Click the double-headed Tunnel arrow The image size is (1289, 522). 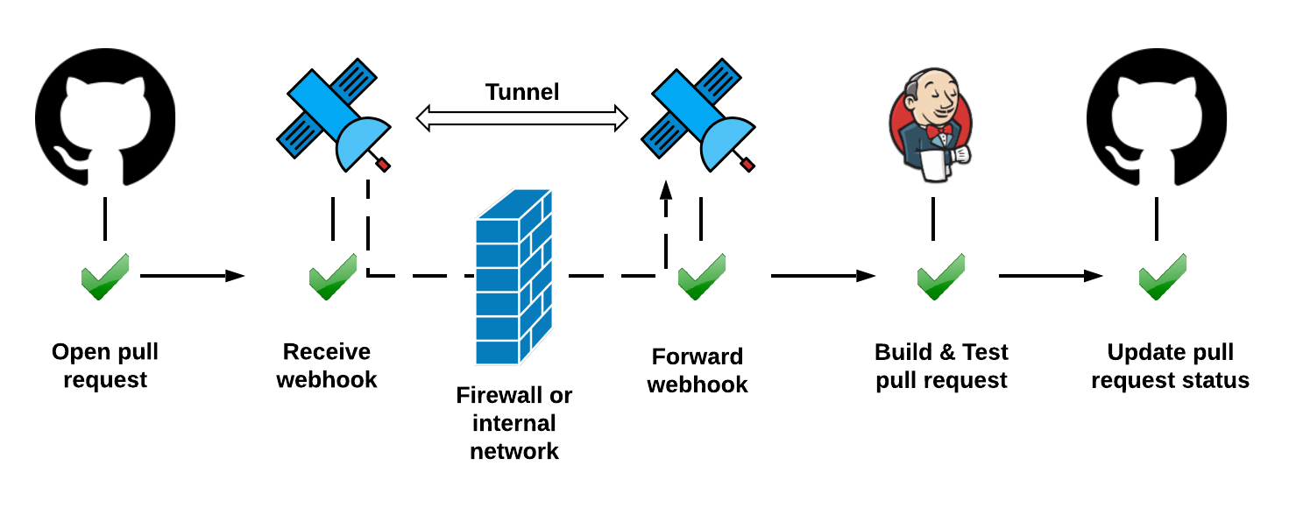coord(522,118)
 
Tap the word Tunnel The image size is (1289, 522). coord(522,91)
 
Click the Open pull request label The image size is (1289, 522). coord(105,366)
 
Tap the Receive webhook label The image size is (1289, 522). coord(327,366)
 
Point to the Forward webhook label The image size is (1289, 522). coord(698,370)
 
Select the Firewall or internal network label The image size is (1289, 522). coord(514,423)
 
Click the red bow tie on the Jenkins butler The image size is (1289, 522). coord(938,131)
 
